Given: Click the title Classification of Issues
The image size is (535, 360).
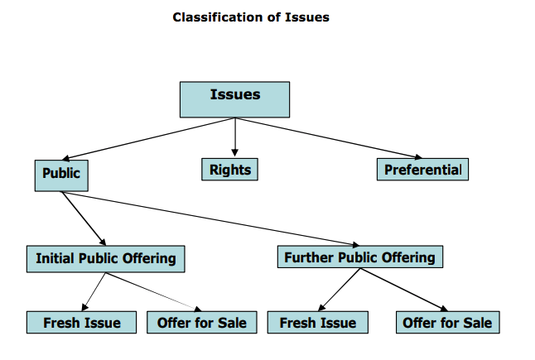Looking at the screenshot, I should click(x=250, y=17).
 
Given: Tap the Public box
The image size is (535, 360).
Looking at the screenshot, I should click(x=61, y=175).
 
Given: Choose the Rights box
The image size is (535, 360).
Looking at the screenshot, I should click(x=229, y=169).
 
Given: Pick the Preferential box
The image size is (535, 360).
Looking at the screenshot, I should click(x=422, y=169).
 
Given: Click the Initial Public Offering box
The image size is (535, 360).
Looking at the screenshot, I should click(x=105, y=258).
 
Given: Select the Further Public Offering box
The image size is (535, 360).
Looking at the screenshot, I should click(x=359, y=257).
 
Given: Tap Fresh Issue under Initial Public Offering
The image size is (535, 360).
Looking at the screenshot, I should click(x=82, y=322).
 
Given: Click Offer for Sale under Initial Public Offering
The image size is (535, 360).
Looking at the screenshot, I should click(x=201, y=322).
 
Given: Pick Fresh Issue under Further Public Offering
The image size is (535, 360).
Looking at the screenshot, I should click(x=317, y=322).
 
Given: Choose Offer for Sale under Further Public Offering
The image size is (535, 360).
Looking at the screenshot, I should click(x=446, y=322).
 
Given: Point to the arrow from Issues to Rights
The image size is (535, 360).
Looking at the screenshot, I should click(x=235, y=137).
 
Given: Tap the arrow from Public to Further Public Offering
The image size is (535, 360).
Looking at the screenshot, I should click(x=215, y=220).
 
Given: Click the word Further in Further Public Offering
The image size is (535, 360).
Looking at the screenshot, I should click(x=309, y=257).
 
